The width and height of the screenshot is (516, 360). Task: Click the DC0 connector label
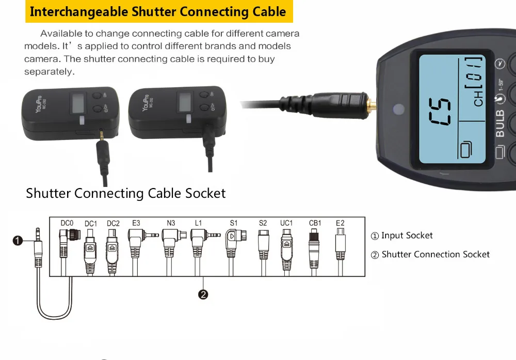(67, 223)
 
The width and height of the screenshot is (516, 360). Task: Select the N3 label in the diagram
(171, 223)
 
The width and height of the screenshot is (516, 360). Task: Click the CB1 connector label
(315, 223)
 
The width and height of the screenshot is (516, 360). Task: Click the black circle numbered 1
(18, 241)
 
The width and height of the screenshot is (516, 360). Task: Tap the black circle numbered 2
(203, 295)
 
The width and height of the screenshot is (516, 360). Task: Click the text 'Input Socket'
(407, 236)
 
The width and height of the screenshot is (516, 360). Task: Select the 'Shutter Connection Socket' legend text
(435, 255)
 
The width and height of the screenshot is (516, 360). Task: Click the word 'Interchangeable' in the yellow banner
(71, 12)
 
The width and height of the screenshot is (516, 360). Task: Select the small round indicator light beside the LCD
(398, 109)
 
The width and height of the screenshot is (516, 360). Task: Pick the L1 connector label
(199, 223)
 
